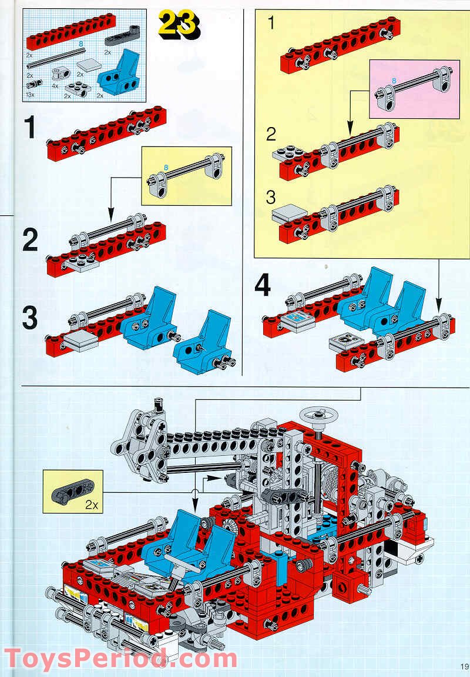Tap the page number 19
point(464,667)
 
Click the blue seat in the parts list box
point(120,72)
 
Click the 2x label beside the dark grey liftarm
point(91,504)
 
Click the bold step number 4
point(263,286)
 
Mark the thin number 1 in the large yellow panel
point(271,24)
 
